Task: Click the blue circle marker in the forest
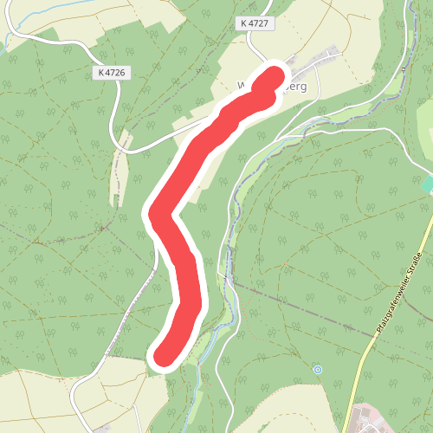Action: click(318, 369)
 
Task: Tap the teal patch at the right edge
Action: click(427, 184)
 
